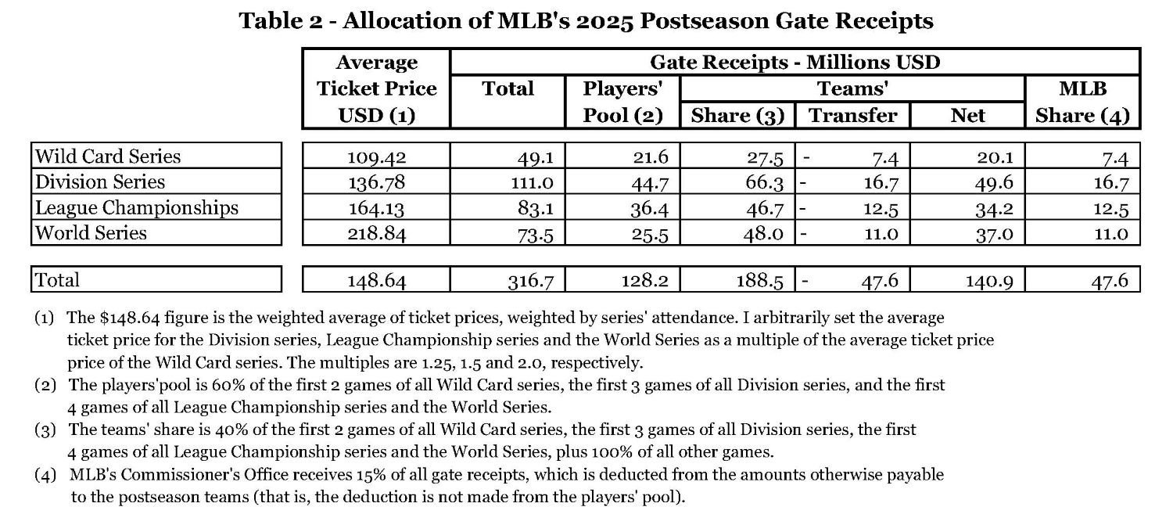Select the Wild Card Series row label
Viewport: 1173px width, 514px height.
[x=108, y=156]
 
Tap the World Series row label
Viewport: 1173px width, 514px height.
[x=91, y=233]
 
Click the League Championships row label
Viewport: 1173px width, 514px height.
[x=137, y=207]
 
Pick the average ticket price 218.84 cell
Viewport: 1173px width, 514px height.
[x=376, y=233]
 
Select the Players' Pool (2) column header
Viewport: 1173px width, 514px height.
[x=622, y=102]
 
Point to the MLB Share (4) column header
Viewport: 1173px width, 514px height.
[x=1082, y=102]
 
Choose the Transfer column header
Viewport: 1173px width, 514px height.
[x=852, y=116]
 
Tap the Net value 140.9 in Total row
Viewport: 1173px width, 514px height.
[x=991, y=280]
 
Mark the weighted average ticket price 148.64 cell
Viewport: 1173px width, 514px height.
[x=376, y=280]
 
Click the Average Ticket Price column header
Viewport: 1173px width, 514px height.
[x=376, y=88]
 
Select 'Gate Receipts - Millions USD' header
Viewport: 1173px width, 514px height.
[x=795, y=62]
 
